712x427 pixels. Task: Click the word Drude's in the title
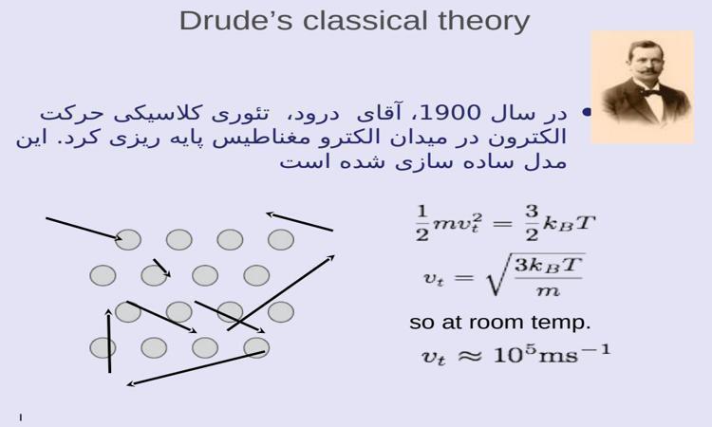(x=236, y=21)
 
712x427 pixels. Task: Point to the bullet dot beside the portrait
(x=587, y=112)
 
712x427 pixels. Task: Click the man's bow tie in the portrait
(x=650, y=93)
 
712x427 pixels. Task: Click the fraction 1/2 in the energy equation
(x=422, y=223)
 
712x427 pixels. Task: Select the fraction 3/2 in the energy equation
(x=532, y=222)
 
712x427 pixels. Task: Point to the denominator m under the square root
(x=548, y=290)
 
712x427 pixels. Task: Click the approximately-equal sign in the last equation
(x=469, y=355)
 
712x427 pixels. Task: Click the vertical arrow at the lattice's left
(x=109, y=341)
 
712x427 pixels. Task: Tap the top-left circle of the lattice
(x=128, y=239)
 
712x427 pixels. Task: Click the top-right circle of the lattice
(x=281, y=239)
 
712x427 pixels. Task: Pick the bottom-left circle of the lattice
(x=103, y=348)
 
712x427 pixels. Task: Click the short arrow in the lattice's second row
(x=161, y=268)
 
